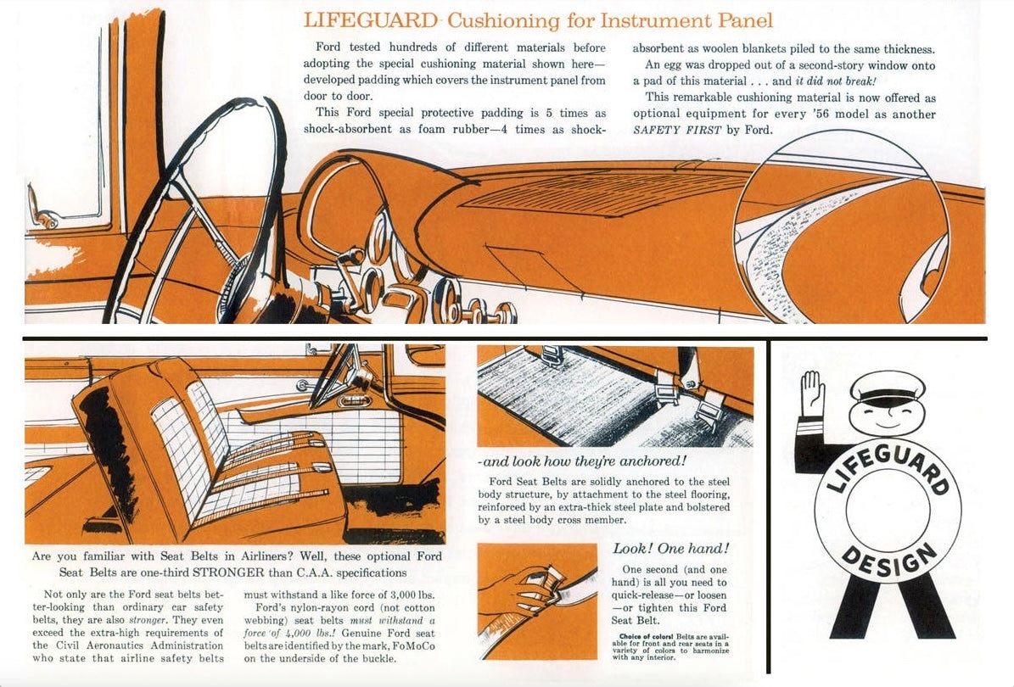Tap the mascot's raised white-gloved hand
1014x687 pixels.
click(813, 392)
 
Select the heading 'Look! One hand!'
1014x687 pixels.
click(670, 549)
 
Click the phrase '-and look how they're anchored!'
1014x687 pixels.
click(581, 461)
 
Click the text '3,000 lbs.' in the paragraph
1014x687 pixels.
click(407, 595)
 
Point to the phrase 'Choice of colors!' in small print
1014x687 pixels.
click(648, 636)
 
